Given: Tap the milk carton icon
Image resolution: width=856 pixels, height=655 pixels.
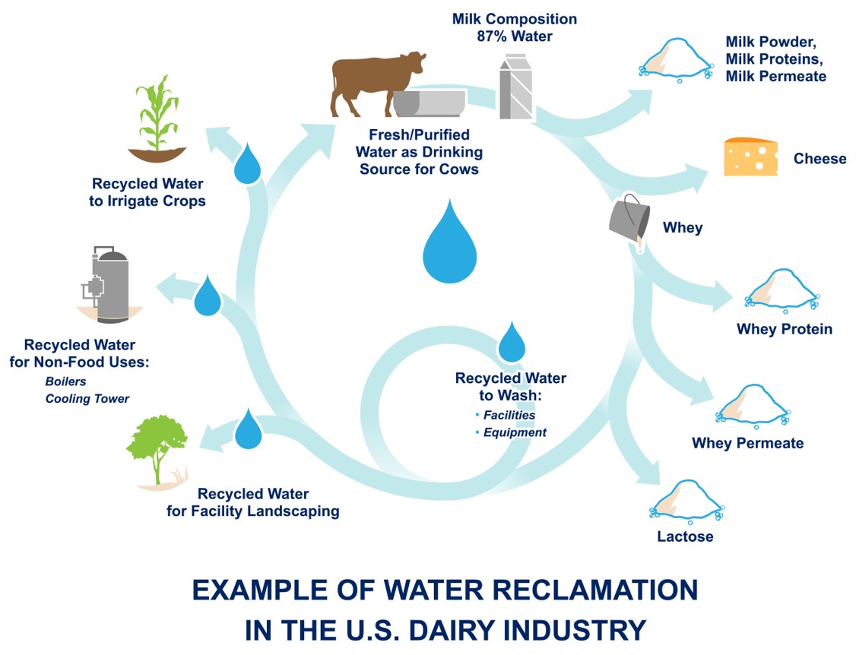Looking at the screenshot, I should tap(515, 89).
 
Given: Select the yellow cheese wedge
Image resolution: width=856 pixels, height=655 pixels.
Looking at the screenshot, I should tap(750, 157).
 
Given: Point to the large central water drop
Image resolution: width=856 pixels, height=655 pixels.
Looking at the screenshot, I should tap(449, 242).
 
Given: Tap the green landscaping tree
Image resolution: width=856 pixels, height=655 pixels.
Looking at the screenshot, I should tap(157, 449).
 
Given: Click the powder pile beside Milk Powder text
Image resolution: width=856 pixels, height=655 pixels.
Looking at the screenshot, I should tap(675, 62).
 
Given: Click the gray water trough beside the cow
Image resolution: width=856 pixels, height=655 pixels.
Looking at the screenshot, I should tap(430, 103).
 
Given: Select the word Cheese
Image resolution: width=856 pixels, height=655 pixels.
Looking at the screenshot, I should tap(820, 159).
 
